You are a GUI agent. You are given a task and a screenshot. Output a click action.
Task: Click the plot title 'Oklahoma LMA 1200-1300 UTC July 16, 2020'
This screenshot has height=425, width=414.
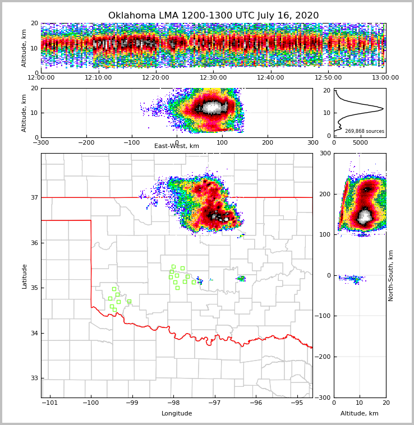tap(213, 16)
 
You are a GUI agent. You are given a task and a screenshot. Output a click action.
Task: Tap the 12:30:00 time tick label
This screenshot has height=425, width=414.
tap(213, 78)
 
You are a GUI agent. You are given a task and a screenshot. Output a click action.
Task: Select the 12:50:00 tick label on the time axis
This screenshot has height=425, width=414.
tap(328, 78)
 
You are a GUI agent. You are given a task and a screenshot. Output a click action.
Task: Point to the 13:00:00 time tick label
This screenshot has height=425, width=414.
tap(385, 78)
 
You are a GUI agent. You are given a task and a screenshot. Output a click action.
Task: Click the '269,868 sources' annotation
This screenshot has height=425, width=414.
tap(365, 131)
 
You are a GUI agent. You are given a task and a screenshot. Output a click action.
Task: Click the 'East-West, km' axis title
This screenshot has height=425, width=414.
tap(177, 146)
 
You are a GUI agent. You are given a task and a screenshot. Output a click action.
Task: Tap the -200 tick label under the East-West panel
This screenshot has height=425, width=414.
tap(86, 142)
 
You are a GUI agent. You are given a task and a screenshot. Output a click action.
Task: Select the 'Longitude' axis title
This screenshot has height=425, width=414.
tap(177, 414)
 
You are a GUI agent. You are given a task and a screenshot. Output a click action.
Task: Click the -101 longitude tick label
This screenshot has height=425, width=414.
tap(50, 403)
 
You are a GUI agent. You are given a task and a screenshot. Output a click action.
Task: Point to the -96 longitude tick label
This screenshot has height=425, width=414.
tap(256, 403)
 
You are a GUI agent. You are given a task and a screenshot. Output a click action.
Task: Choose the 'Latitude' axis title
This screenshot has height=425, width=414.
tap(25, 276)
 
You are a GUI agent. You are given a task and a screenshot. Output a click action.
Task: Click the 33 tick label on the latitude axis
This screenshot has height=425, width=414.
tap(34, 378)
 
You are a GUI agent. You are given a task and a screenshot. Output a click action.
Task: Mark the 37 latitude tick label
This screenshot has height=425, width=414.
tap(34, 197)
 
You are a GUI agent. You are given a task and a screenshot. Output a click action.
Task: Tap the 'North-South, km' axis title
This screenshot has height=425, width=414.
tap(391, 275)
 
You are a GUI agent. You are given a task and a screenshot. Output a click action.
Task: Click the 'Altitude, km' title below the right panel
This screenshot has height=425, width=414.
tap(360, 414)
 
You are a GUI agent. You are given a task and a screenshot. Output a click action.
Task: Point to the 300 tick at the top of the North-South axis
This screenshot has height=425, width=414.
tap(325, 153)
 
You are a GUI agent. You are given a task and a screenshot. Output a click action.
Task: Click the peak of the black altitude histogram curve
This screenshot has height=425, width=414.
tap(383, 108)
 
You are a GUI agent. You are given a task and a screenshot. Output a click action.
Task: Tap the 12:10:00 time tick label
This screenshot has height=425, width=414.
tap(98, 78)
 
